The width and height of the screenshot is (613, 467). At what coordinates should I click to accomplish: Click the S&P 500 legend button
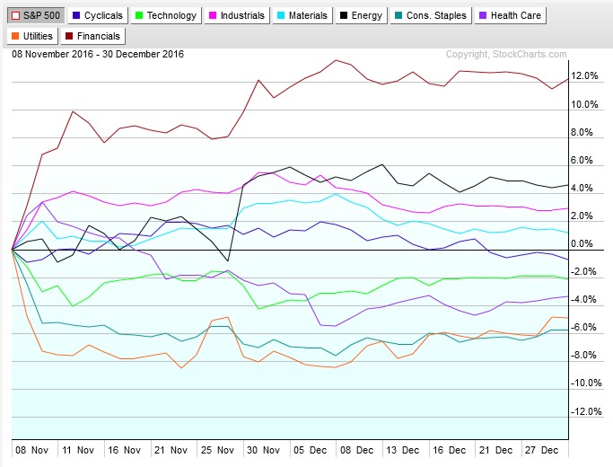[x=34, y=15]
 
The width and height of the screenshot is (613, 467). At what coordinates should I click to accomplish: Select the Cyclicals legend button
[x=98, y=15]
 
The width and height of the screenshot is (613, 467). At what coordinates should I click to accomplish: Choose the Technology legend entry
[x=169, y=15]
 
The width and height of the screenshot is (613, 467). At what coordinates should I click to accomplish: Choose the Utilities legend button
[x=34, y=36]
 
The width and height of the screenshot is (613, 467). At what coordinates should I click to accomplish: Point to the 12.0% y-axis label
[x=584, y=76]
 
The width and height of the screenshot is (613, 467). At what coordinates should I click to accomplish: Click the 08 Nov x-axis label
[x=29, y=448]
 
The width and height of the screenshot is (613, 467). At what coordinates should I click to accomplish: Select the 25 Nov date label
[x=218, y=448]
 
